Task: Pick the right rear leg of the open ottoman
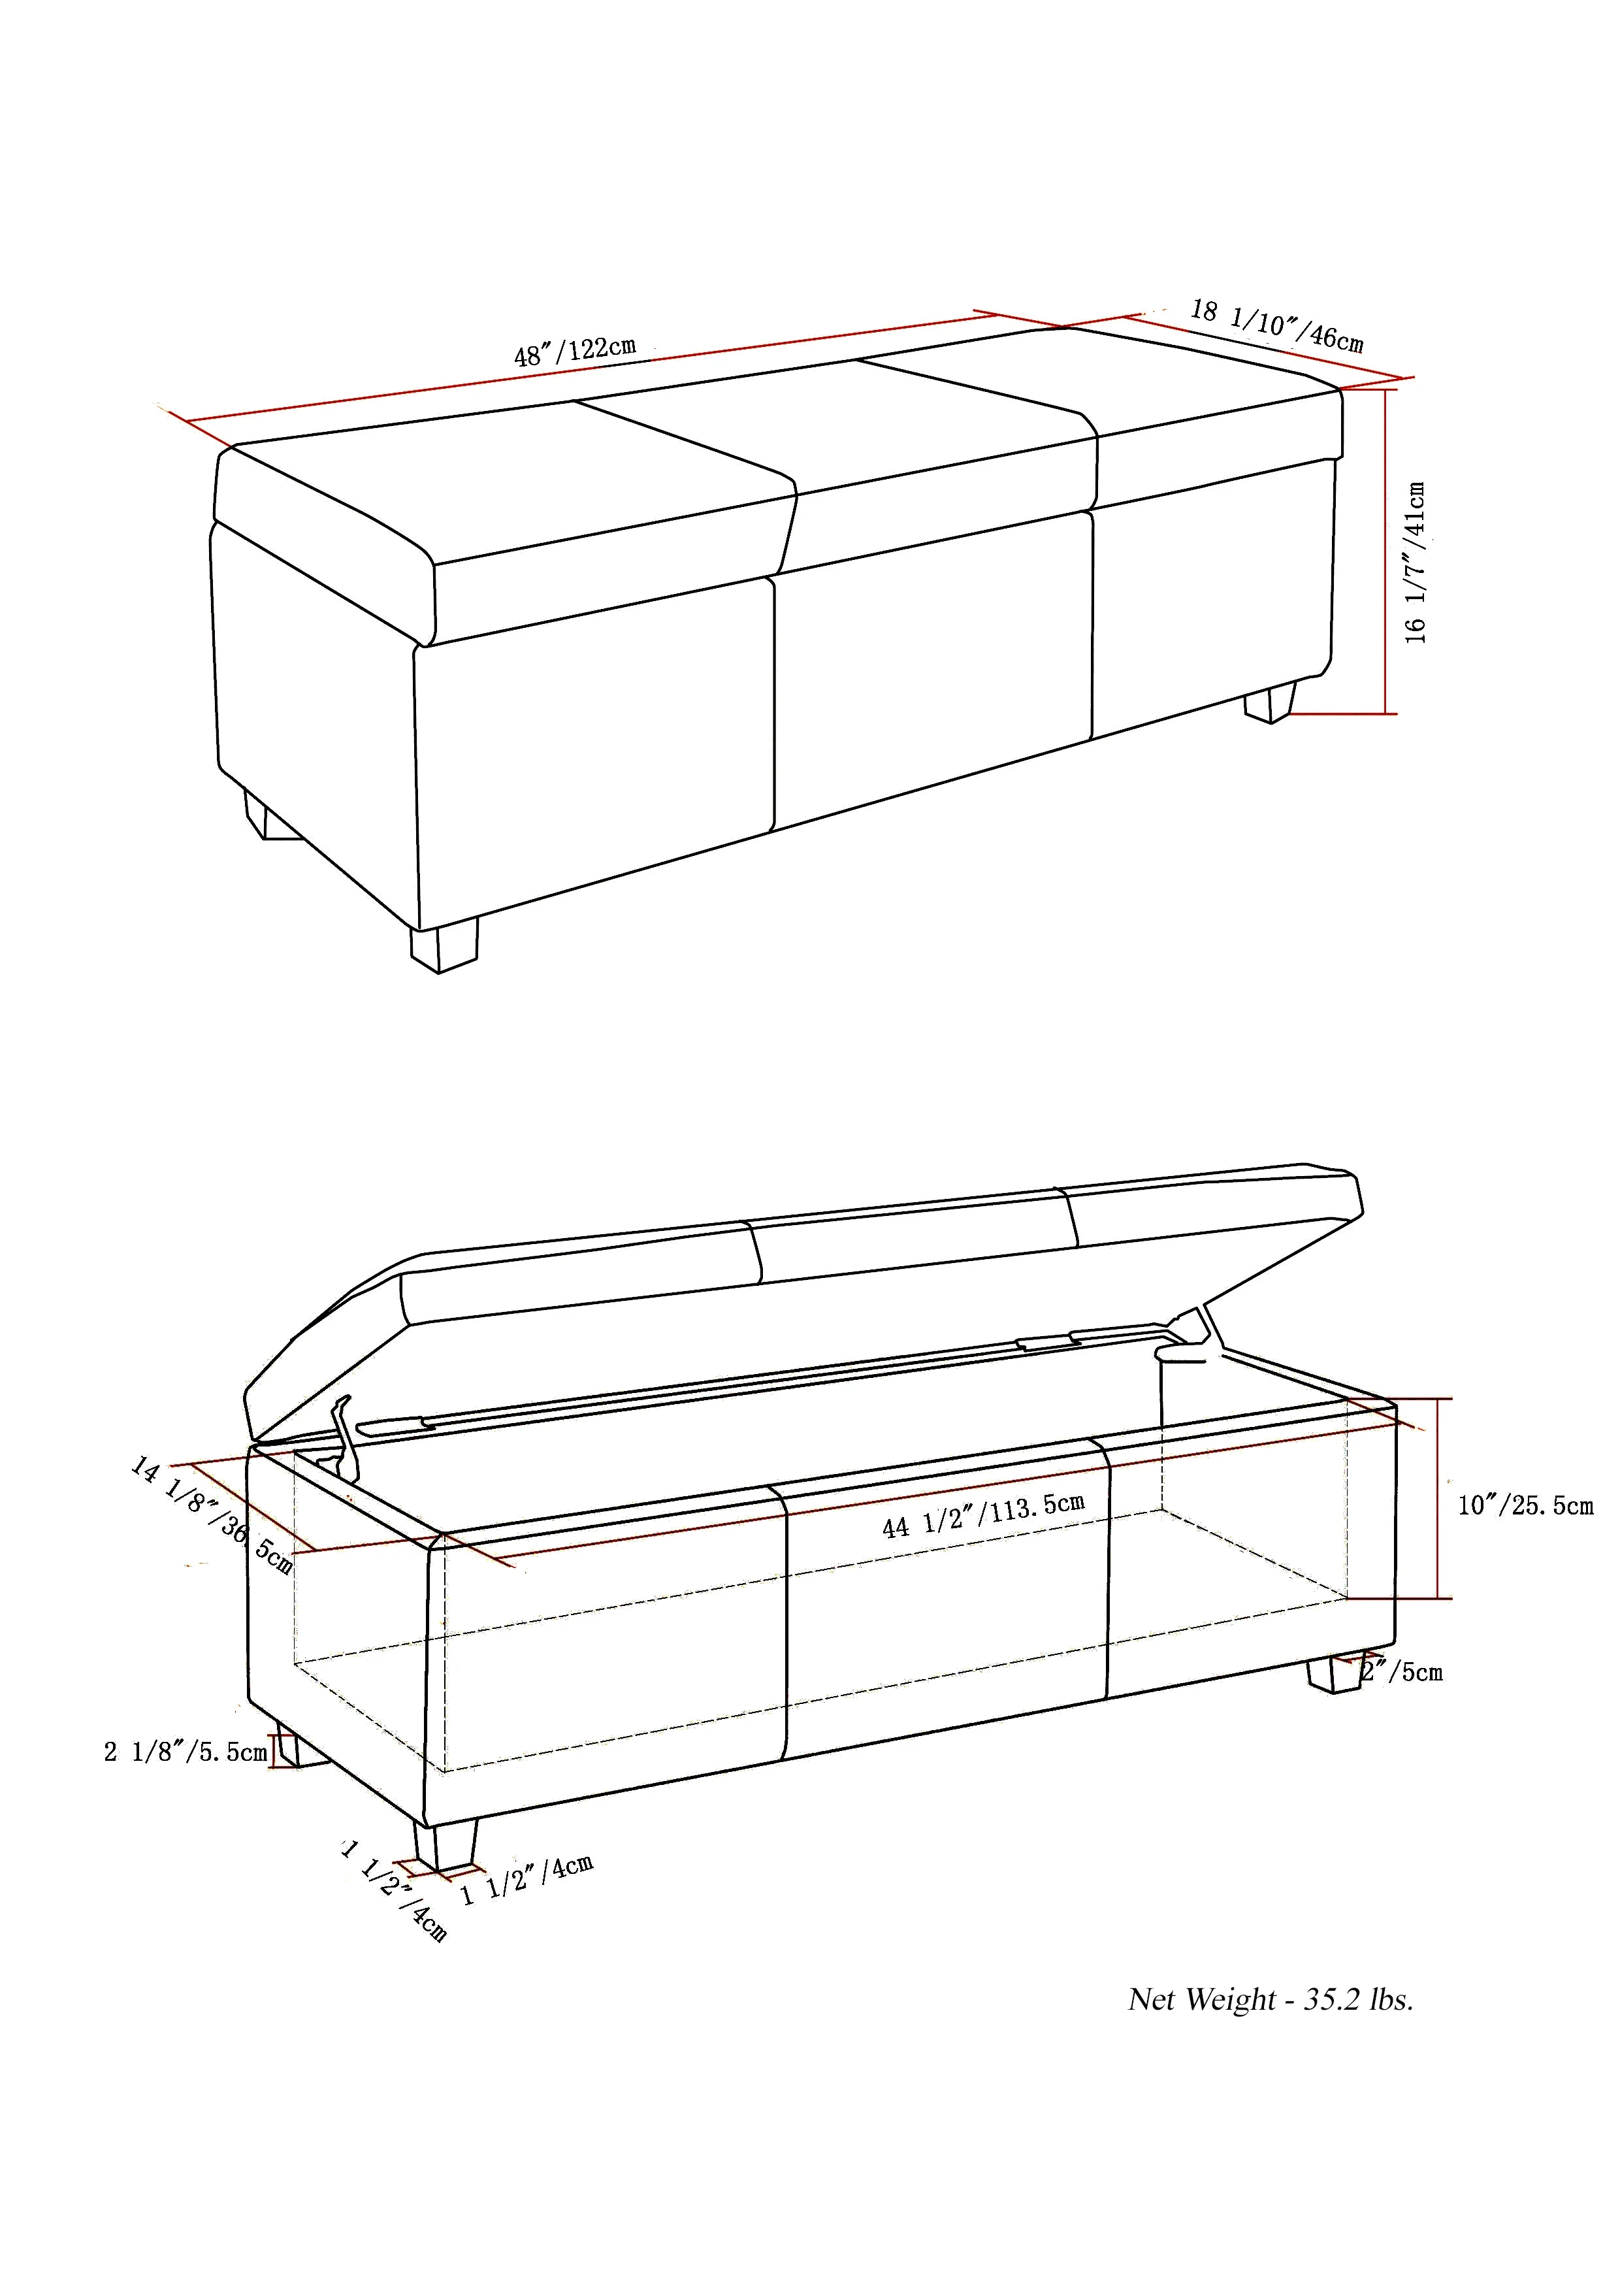1333,1674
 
